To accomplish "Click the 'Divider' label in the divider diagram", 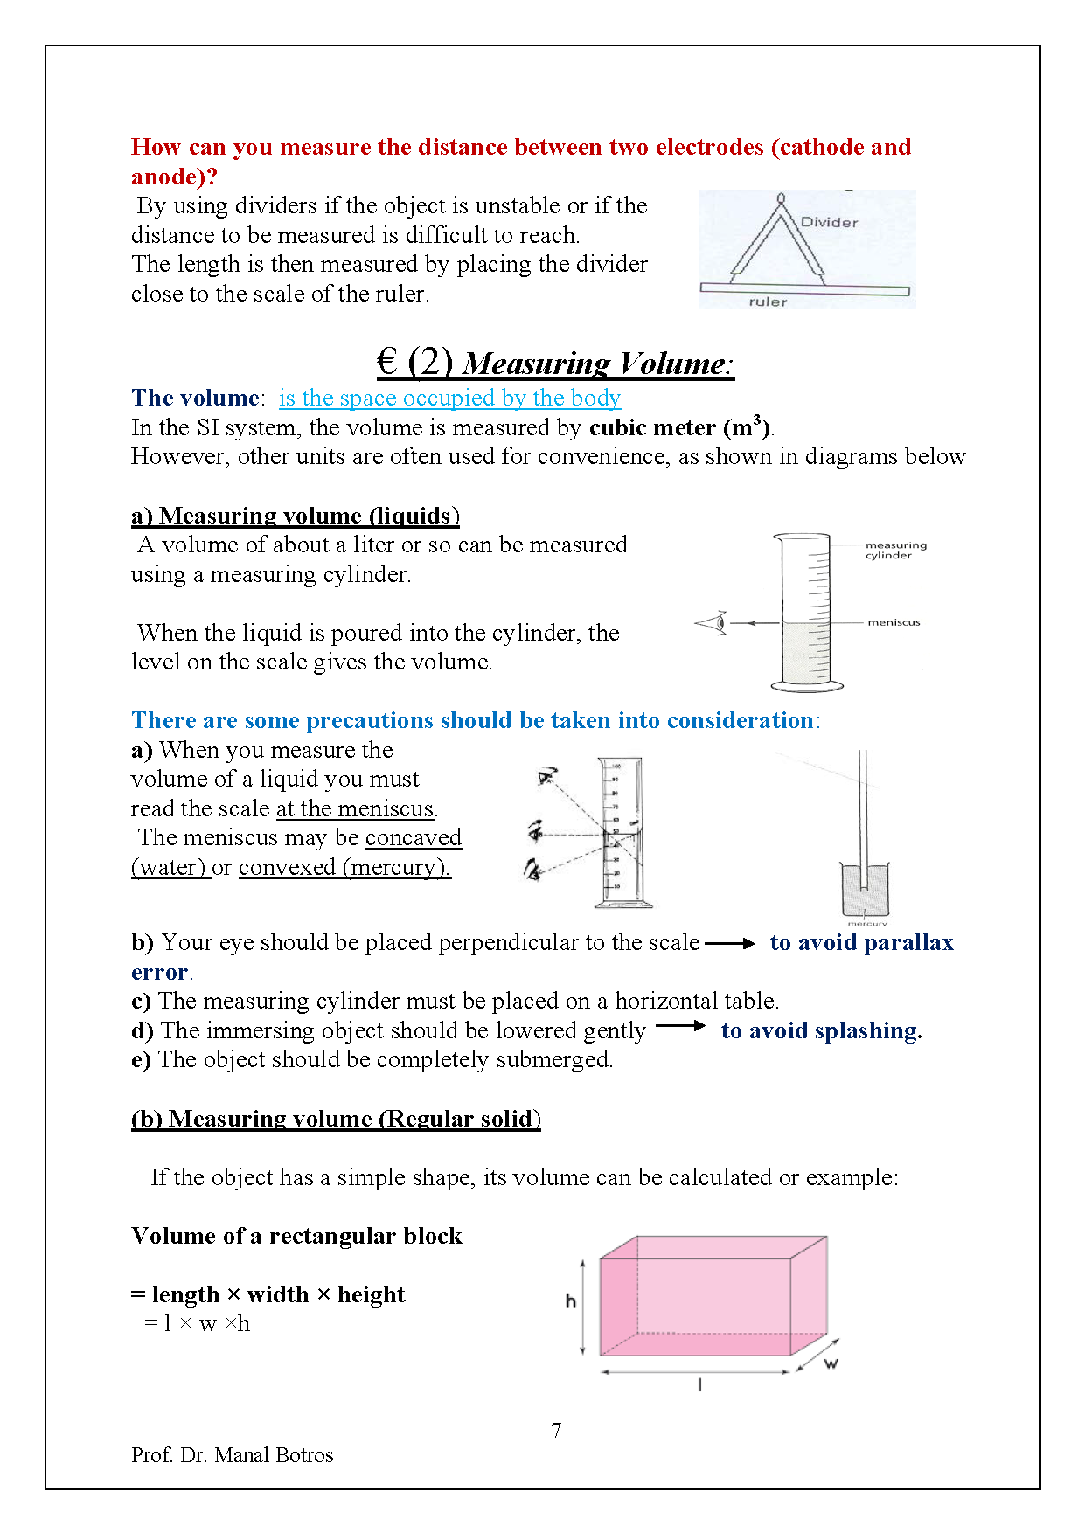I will coord(829,222).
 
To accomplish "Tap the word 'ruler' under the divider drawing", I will coord(768,302).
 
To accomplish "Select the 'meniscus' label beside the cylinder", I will coord(894,622).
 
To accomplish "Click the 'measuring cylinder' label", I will coord(895,550).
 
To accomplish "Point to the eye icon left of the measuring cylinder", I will coord(713,623).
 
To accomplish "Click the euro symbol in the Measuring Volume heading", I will coord(387,361).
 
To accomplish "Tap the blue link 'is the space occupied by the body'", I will coord(449,398).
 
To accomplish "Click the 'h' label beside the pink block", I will coord(571,1301).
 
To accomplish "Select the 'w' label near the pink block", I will coord(831,1363).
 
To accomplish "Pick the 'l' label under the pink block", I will coord(699,1384).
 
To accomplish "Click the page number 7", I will coord(556,1431).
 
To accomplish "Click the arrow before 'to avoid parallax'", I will coord(730,944).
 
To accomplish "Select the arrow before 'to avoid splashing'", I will coord(680,1026).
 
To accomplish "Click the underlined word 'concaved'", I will coord(413,837).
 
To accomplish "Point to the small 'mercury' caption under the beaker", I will coord(866,923).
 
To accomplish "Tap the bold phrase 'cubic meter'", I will coord(652,427).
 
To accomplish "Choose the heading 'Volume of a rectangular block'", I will coord(296,1236).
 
